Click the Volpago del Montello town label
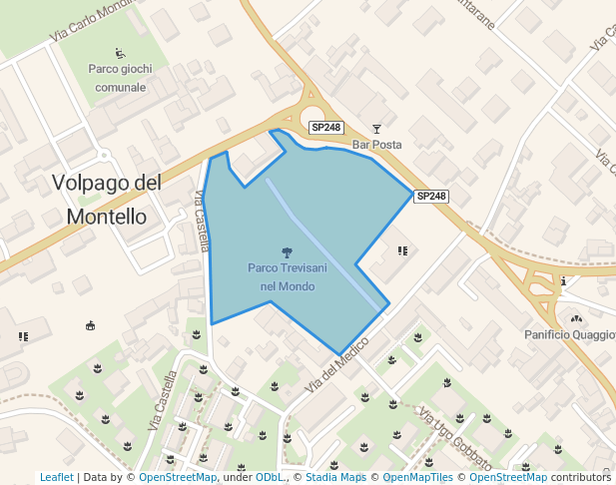[x=106, y=200]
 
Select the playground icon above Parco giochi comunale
[x=121, y=53]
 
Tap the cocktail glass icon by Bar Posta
[x=376, y=128]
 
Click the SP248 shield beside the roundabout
[x=326, y=128]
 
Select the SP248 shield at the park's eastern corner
[x=431, y=197]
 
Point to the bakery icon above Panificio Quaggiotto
[x=575, y=318]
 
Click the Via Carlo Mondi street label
[x=90, y=21]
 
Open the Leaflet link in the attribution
[x=57, y=478]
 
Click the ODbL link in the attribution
[x=270, y=478]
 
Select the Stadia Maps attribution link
[x=335, y=478]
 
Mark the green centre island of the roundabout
[x=311, y=118]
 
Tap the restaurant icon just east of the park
[x=403, y=250]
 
